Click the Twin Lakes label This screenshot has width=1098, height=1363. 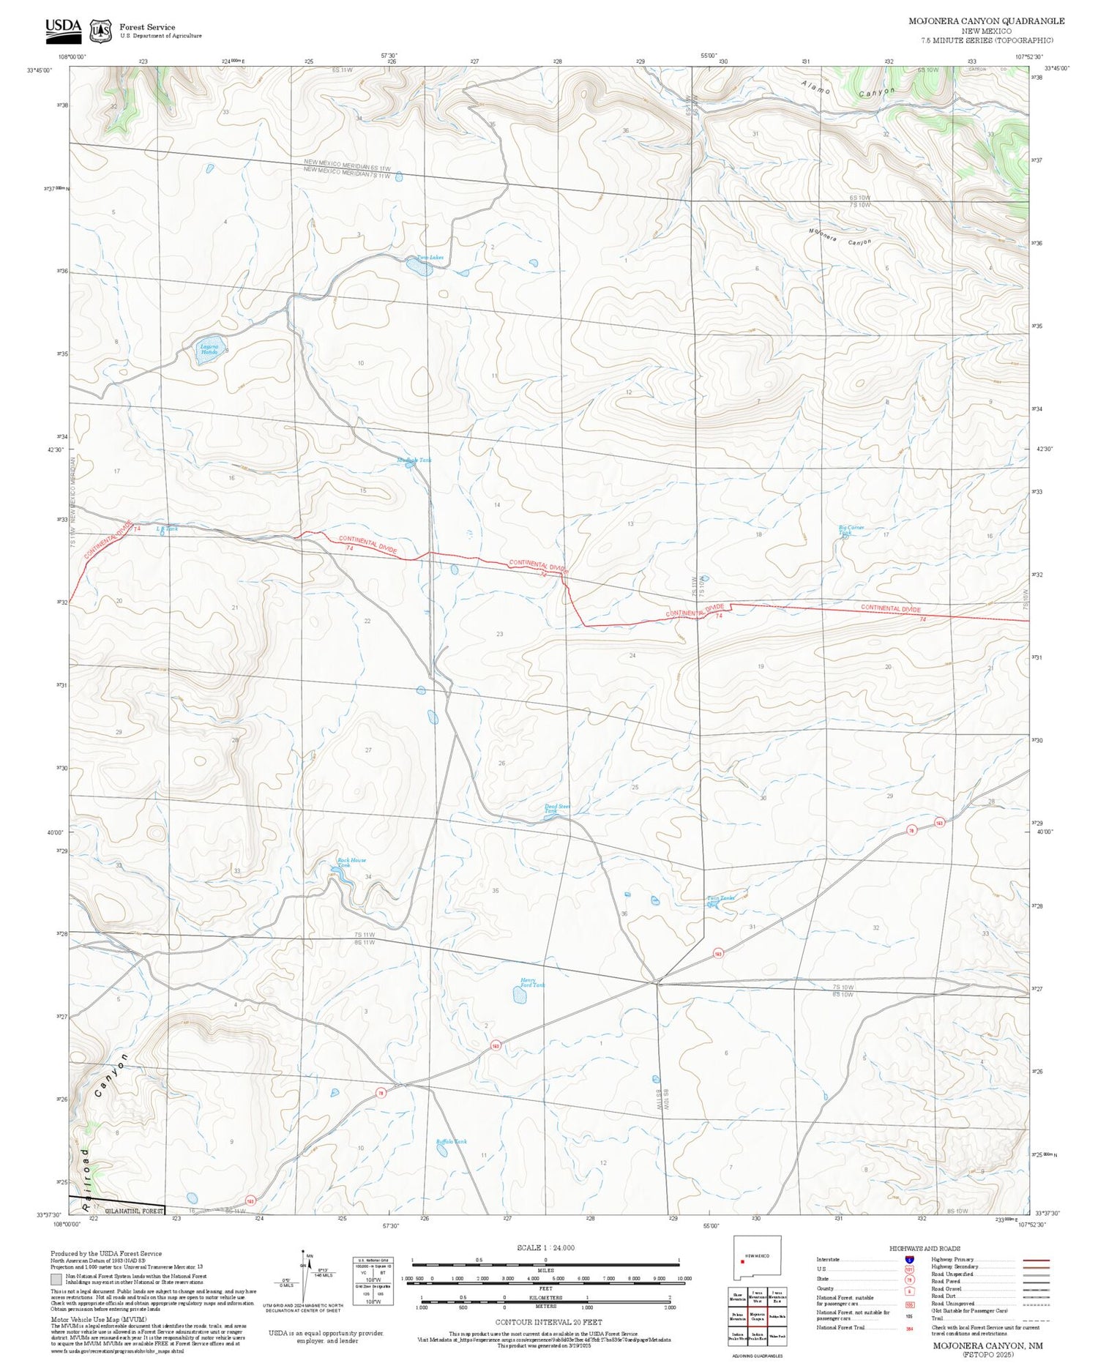pos(430,258)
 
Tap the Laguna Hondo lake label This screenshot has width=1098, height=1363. pos(209,348)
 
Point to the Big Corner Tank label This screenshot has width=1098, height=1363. pos(851,530)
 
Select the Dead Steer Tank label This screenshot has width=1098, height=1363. pos(557,809)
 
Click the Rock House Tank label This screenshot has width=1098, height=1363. pos(351,862)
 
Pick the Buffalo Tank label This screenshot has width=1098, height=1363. pos(451,1141)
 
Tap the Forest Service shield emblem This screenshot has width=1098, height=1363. pos(100,31)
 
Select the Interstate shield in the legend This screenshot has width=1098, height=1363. pos(909,1259)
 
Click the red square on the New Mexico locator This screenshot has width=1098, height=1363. pos(742,1261)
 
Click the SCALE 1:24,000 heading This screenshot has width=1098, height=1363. pos(545,1247)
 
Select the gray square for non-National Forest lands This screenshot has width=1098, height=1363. pos(56,1279)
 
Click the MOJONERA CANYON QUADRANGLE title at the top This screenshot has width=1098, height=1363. pos(986,21)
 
